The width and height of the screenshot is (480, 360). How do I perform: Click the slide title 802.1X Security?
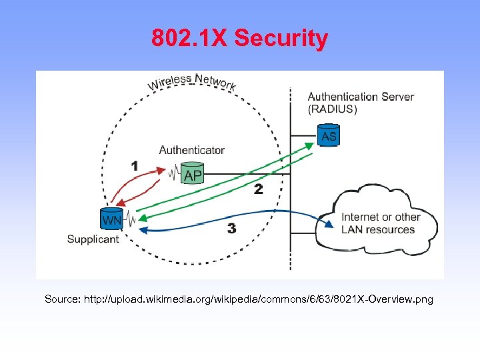click(x=239, y=38)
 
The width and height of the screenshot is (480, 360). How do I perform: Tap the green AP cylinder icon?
click(x=192, y=173)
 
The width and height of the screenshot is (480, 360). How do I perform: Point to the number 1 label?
click(x=135, y=165)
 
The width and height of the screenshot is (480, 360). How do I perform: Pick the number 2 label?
click(x=258, y=189)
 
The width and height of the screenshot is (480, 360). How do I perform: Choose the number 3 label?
click(x=231, y=229)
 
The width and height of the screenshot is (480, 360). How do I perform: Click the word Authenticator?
click(x=191, y=150)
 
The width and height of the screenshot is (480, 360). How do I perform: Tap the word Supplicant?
click(x=93, y=239)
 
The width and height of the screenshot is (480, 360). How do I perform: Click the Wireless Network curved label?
click(x=191, y=82)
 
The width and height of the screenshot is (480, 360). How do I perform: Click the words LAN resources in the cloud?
click(x=378, y=230)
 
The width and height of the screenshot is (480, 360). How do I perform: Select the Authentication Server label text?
click(x=361, y=97)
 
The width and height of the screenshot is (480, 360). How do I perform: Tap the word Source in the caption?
click(x=61, y=299)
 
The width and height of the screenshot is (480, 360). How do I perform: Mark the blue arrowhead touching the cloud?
click(x=329, y=224)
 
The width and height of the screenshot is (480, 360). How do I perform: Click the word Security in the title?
click(x=281, y=38)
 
